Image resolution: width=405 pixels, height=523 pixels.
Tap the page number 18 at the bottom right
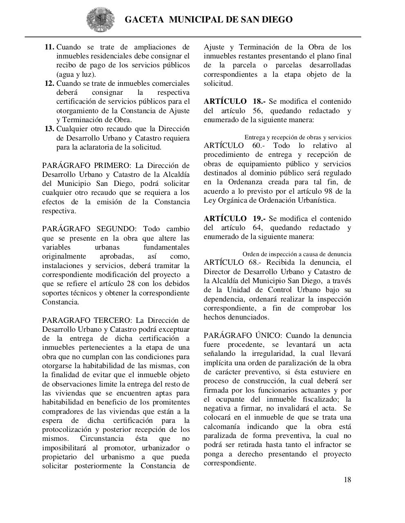click(347, 480)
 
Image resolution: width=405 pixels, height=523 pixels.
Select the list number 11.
click(49, 47)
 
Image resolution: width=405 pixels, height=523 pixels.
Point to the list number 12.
click(49, 83)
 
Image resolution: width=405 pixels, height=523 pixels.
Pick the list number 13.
click(49, 129)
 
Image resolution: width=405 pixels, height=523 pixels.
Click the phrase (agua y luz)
click(76, 74)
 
